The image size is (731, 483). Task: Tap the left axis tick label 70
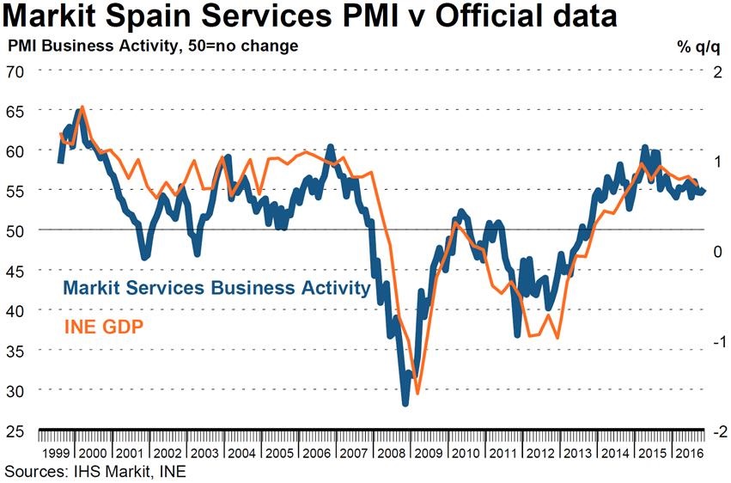(x=16, y=70)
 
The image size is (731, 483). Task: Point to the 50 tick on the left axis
(x=16, y=229)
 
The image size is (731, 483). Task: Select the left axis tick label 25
(x=16, y=430)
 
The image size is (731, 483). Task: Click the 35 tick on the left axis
(x=16, y=350)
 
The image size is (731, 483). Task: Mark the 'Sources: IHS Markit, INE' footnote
(x=94, y=471)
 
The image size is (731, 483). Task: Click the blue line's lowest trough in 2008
(x=405, y=402)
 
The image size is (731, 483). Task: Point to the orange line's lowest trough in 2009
(x=417, y=393)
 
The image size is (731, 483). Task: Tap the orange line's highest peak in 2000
(x=82, y=107)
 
